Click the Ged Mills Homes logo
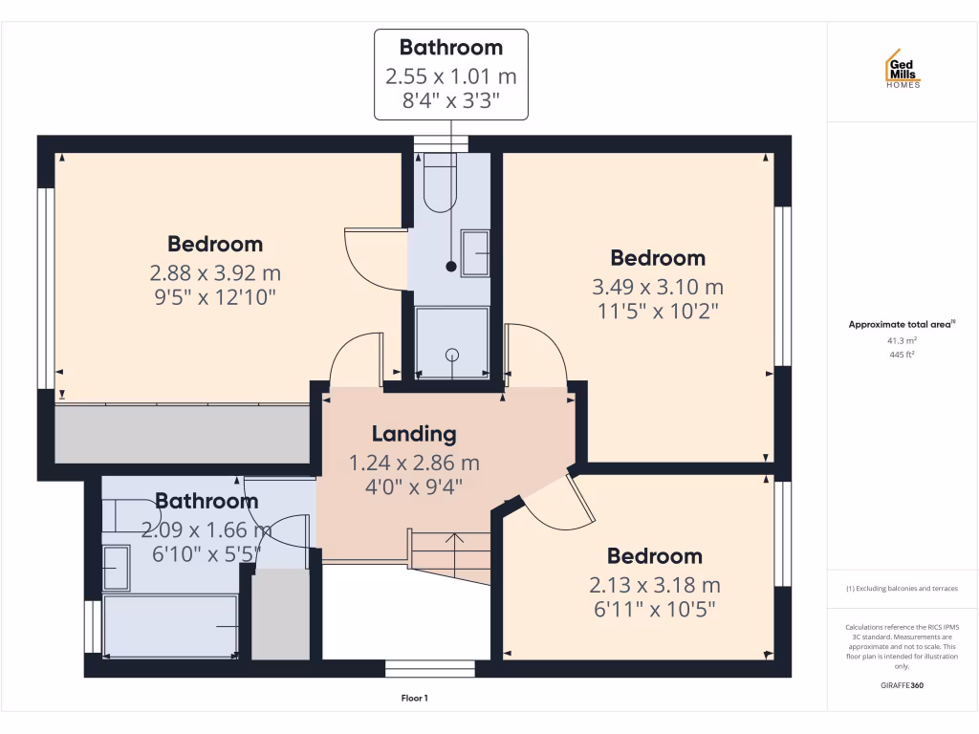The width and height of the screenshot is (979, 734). click(902, 69)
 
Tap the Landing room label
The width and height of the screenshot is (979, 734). click(413, 434)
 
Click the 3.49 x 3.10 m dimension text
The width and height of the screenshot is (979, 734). click(658, 287)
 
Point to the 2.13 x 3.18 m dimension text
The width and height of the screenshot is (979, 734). click(655, 585)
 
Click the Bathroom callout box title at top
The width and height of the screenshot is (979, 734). click(450, 47)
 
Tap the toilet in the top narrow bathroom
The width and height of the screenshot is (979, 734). click(441, 182)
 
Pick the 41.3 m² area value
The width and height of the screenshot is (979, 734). click(903, 339)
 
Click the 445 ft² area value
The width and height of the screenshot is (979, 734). click(903, 355)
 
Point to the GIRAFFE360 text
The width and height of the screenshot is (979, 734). click(903, 685)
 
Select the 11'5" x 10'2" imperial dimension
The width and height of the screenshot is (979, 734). click(657, 311)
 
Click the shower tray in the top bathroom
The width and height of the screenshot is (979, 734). click(451, 341)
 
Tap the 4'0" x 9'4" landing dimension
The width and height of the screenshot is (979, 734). click(413, 486)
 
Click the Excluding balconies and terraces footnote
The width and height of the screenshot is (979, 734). click(902, 589)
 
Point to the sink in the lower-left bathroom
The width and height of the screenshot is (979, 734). click(116, 567)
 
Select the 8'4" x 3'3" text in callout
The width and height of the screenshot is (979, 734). click(450, 98)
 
